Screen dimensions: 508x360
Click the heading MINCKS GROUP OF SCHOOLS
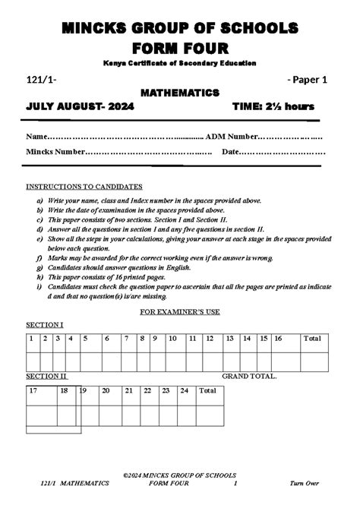coord(180,28)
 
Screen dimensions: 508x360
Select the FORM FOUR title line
coord(180,49)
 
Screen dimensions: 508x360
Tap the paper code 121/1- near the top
coord(40,78)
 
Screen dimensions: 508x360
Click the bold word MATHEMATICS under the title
coord(180,93)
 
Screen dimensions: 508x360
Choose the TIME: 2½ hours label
coord(273,108)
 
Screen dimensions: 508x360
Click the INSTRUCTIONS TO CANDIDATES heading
coord(84,186)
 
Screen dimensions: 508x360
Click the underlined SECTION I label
coord(45,325)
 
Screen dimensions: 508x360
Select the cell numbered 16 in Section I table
coord(279,339)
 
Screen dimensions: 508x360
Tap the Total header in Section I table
coord(311,339)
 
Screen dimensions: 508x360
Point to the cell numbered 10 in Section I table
coord(172,339)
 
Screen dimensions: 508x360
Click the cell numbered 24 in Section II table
coord(184,391)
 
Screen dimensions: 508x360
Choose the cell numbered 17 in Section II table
coord(33,391)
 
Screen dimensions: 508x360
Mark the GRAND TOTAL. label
coord(249,376)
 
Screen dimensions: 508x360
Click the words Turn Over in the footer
coord(305,483)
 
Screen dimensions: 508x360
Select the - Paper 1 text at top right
coord(307,78)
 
